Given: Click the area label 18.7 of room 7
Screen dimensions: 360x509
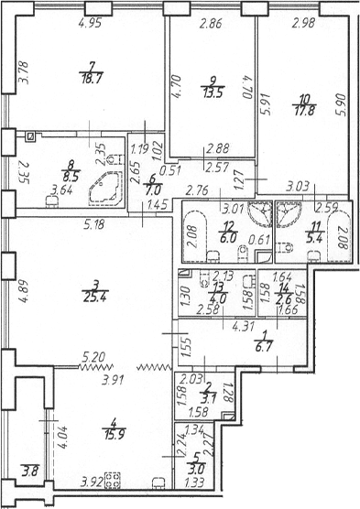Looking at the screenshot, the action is tap(91, 79).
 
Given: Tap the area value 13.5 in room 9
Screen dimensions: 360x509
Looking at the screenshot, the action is tap(213, 92).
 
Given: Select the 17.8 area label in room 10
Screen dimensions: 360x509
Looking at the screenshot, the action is tap(304, 111).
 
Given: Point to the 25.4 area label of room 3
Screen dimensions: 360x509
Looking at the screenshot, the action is tap(95, 297).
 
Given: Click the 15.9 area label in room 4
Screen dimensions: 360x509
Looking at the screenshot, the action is tap(114, 434).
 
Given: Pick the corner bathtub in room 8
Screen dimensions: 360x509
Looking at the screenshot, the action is tap(106, 188).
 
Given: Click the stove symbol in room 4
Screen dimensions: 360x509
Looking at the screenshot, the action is tap(113, 481).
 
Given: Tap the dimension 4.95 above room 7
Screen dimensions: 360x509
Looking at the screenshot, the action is tap(91, 23).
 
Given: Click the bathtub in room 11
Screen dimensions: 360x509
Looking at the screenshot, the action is tap(339, 236).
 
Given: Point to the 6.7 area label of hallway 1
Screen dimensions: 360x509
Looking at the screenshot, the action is tap(263, 347).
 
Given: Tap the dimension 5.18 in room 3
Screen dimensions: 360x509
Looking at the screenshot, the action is tap(93, 223).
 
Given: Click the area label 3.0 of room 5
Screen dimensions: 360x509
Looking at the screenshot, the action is tap(197, 469).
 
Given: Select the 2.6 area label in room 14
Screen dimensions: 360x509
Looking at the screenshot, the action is tap(283, 299).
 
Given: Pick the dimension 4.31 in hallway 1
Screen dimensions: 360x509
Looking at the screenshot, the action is tap(243, 326).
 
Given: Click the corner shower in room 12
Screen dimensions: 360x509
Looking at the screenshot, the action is tap(260, 213).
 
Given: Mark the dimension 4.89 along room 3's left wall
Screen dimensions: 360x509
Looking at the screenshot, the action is tap(24, 291).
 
